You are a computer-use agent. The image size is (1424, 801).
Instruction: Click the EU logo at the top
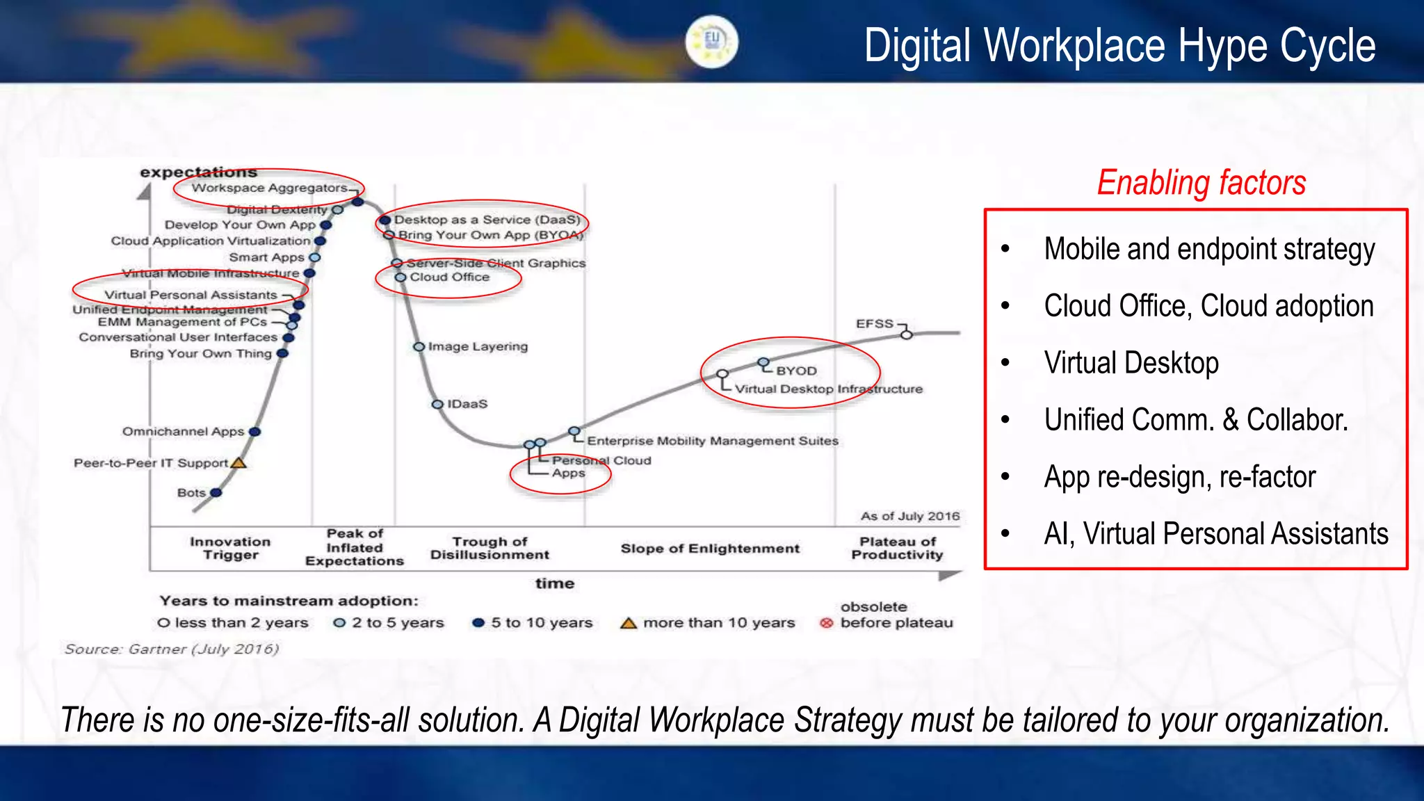tap(711, 42)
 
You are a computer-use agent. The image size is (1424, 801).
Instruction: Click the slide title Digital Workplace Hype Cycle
tap(1119, 46)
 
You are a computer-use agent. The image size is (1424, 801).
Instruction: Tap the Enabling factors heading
tap(1201, 183)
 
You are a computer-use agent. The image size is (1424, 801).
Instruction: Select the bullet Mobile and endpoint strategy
tap(1209, 250)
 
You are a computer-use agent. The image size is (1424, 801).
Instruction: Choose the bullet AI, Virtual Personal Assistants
tap(1216, 534)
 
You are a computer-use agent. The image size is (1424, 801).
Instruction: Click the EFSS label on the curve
tap(874, 323)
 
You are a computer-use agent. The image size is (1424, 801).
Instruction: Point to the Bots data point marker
tap(216, 492)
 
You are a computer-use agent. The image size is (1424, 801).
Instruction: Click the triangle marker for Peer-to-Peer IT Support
tap(238, 462)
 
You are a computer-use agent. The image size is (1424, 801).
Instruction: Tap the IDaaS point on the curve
tap(437, 404)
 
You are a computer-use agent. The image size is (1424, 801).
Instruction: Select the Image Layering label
tap(478, 346)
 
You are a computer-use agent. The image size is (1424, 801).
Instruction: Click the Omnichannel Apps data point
tap(254, 432)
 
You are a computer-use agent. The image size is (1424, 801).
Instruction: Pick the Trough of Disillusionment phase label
tap(489, 548)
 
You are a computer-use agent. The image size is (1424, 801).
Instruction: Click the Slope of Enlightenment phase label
tap(710, 549)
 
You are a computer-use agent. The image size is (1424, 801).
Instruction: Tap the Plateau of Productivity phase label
tap(897, 548)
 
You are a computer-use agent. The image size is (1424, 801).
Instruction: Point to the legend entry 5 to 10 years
tap(542, 623)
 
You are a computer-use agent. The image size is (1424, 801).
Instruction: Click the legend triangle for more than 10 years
tap(629, 623)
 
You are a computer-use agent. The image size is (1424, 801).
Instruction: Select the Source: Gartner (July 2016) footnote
tap(172, 649)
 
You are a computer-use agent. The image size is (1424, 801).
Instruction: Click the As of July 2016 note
tap(909, 516)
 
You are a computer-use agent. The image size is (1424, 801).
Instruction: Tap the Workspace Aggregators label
tap(269, 188)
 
